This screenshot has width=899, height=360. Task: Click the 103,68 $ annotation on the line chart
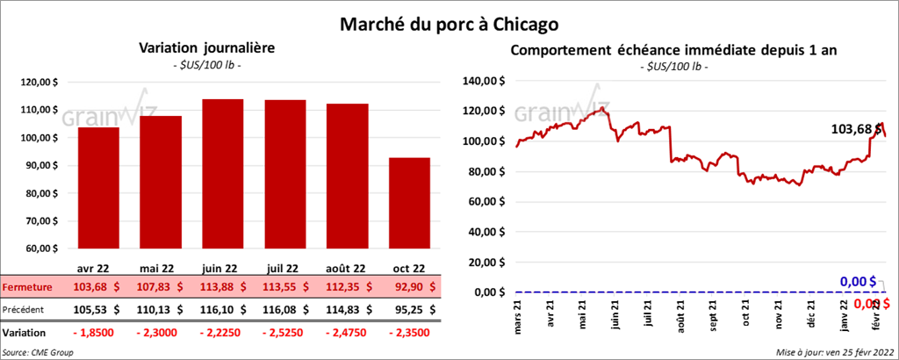pos(855,129)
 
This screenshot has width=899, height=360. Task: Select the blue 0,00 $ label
pos(859,281)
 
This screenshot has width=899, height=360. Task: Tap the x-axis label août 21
pos(680,314)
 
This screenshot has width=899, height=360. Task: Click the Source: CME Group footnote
pos(38,352)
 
